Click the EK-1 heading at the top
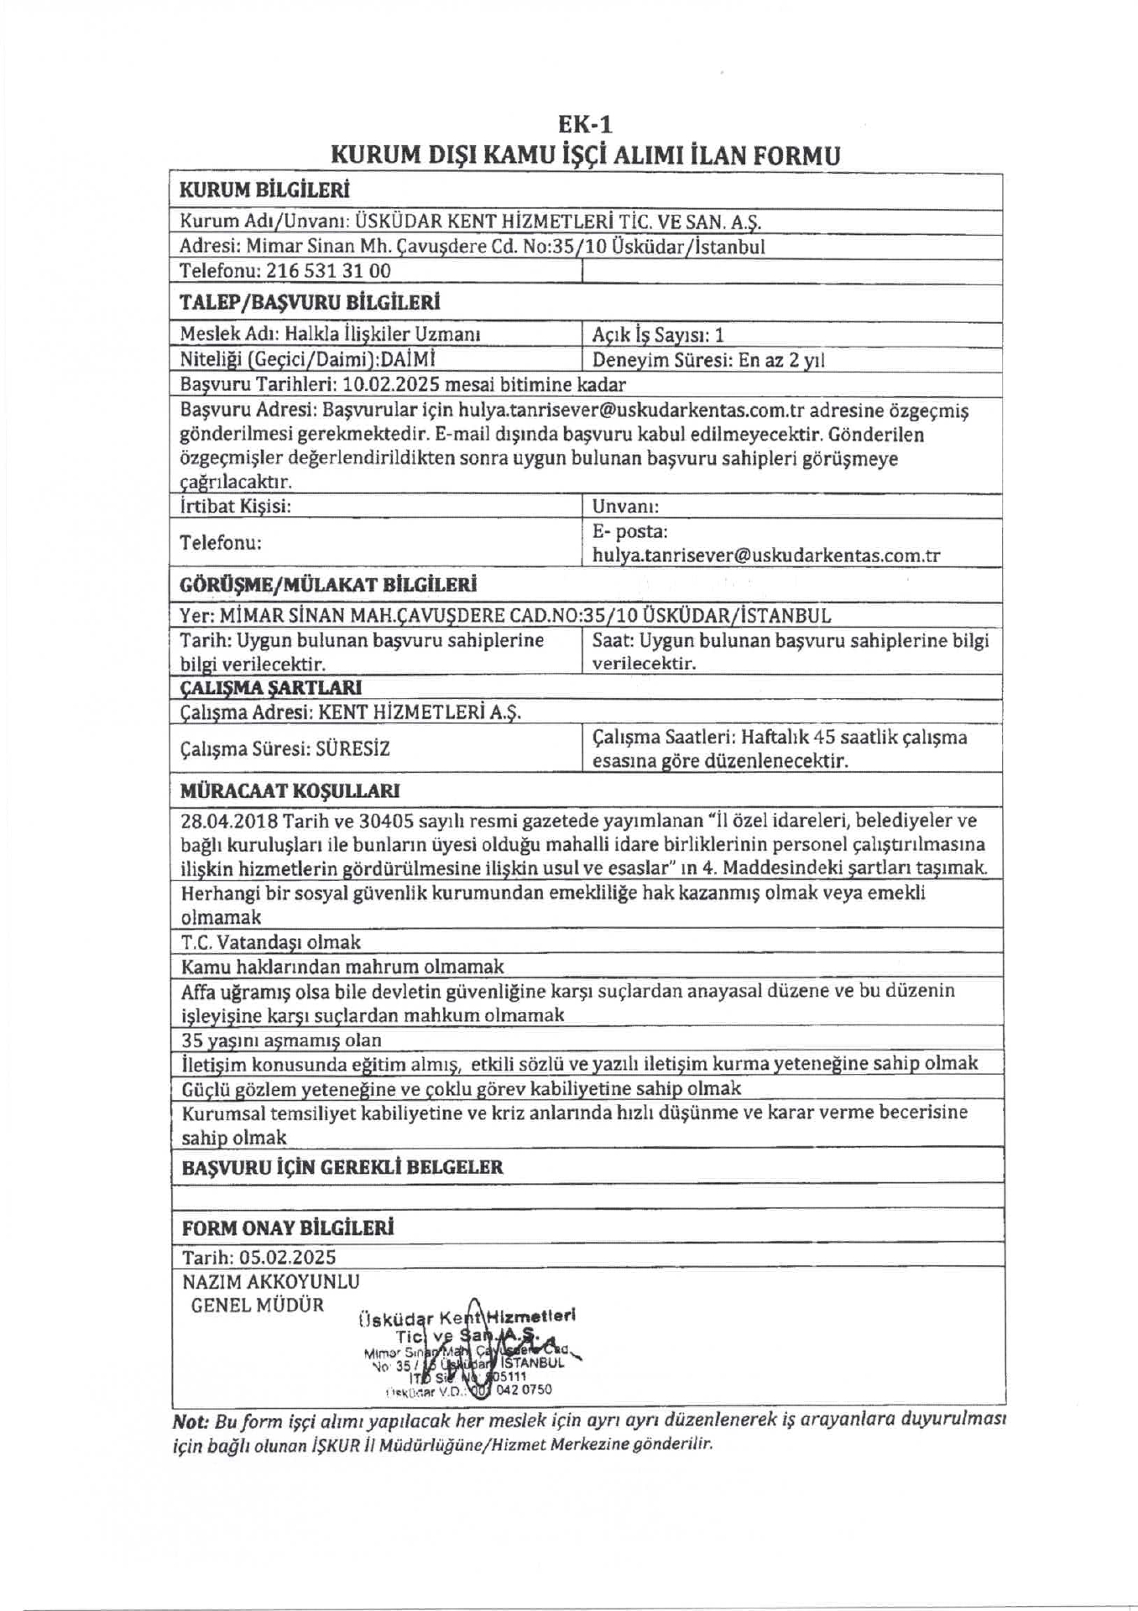(585, 124)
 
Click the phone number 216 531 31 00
(328, 271)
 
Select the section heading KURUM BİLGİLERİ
(264, 190)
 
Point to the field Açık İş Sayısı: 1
(658, 336)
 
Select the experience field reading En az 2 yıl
(781, 360)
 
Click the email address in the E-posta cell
(766, 555)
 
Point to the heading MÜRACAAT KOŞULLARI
(290, 791)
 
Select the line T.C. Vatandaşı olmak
(271, 941)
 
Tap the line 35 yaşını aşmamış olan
(281, 1040)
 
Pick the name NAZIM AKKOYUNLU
(270, 1281)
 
